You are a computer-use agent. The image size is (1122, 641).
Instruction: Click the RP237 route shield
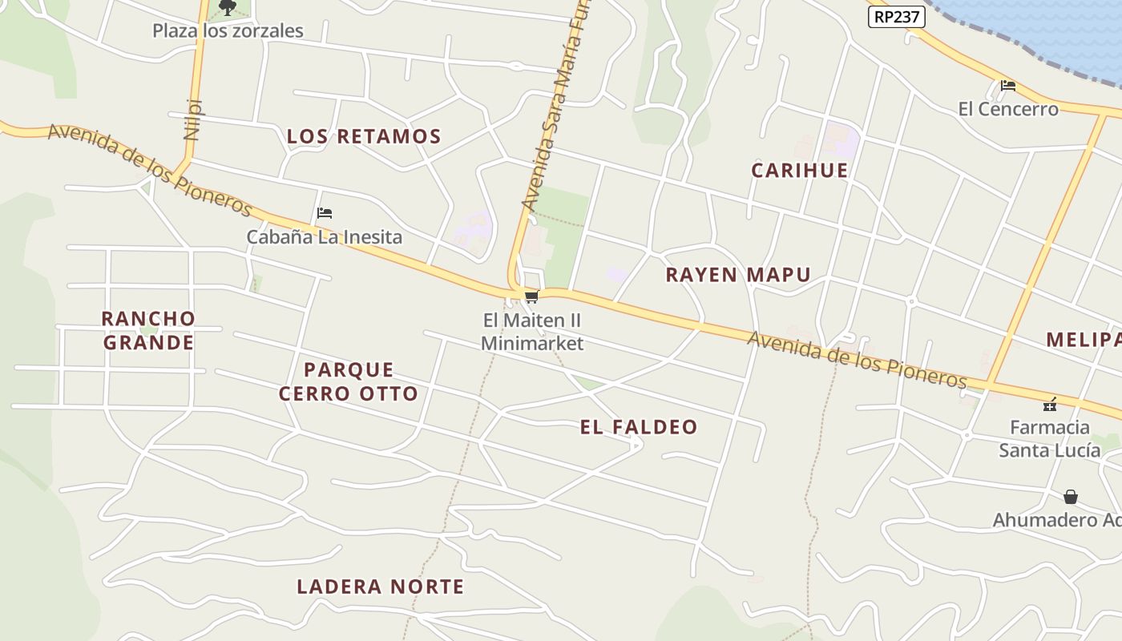click(896, 17)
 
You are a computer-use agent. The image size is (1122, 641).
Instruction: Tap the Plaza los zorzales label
click(228, 31)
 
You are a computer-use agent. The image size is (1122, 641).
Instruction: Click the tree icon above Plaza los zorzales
click(228, 8)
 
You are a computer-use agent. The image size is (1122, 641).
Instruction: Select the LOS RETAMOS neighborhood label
click(364, 137)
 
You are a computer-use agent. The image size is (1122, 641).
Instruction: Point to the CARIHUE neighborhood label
click(799, 171)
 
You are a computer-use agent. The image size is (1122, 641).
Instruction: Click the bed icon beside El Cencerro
click(1007, 86)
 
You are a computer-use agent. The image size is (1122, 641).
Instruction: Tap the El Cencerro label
click(1008, 109)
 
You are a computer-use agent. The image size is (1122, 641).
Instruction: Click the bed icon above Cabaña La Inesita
click(325, 213)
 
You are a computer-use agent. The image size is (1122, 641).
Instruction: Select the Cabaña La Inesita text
click(324, 237)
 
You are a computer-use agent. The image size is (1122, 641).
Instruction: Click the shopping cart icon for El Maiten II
click(531, 298)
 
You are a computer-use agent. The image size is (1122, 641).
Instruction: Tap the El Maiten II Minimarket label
click(532, 332)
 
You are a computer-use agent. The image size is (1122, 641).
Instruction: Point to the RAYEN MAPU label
click(738, 276)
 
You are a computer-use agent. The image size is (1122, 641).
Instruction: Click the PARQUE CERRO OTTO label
click(349, 381)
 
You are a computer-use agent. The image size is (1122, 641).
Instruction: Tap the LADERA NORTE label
click(380, 587)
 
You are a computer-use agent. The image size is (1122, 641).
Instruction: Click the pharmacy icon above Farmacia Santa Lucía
click(1049, 405)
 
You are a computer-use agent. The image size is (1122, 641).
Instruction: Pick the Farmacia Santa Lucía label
click(1049, 438)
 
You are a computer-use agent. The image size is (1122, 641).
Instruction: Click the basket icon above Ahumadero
click(1070, 497)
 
